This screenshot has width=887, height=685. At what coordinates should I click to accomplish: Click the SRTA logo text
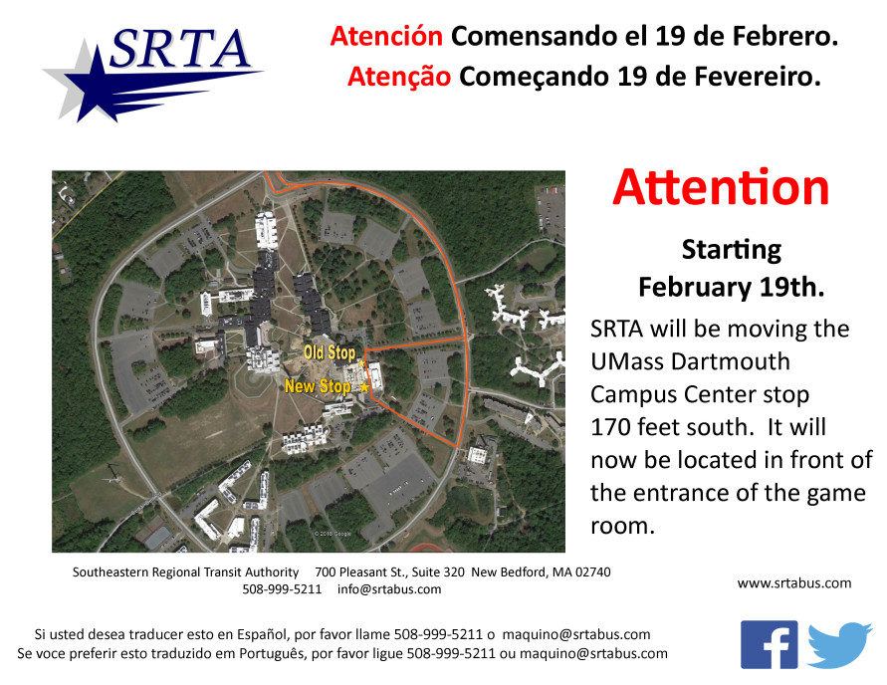pyautogui.click(x=180, y=49)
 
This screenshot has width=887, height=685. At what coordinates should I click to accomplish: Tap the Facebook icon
pyautogui.click(x=769, y=645)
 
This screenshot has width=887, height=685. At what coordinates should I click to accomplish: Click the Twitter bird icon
pyautogui.click(x=839, y=644)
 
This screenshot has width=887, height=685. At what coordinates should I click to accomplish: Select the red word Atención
pyautogui.click(x=386, y=36)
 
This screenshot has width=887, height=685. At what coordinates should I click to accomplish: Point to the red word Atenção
pyautogui.click(x=399, y=77)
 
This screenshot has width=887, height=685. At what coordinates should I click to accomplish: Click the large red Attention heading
pyautogui.click(x=721, y=187)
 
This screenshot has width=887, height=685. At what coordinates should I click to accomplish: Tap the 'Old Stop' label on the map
pyautogui.click(x=330, y=352)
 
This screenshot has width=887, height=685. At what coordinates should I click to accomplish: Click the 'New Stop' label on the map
pyautogui.click(x=318, y=386)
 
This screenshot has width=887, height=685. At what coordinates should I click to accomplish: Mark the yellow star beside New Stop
pyautogui.click(x=364, y=387)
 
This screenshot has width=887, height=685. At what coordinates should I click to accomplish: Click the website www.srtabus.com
pyautogui.click(x=794, y=583)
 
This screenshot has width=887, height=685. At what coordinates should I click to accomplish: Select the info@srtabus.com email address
pyautogui.click(x=389, y=589)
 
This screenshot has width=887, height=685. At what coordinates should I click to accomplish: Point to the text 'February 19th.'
pyautogui.click(x=732, y=288)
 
